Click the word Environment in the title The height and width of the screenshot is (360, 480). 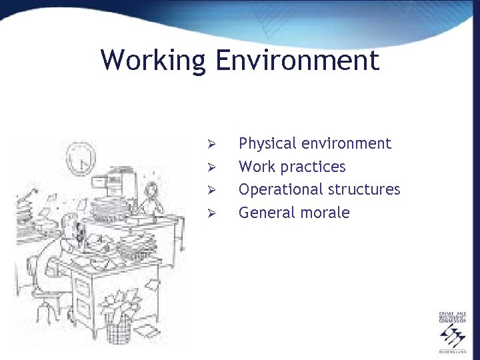[x=297, y=61]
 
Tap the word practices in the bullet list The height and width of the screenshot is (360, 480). [x=314, y=167]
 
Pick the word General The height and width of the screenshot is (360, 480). [x=264, y=213]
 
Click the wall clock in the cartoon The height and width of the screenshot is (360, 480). [x=81, y=159]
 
